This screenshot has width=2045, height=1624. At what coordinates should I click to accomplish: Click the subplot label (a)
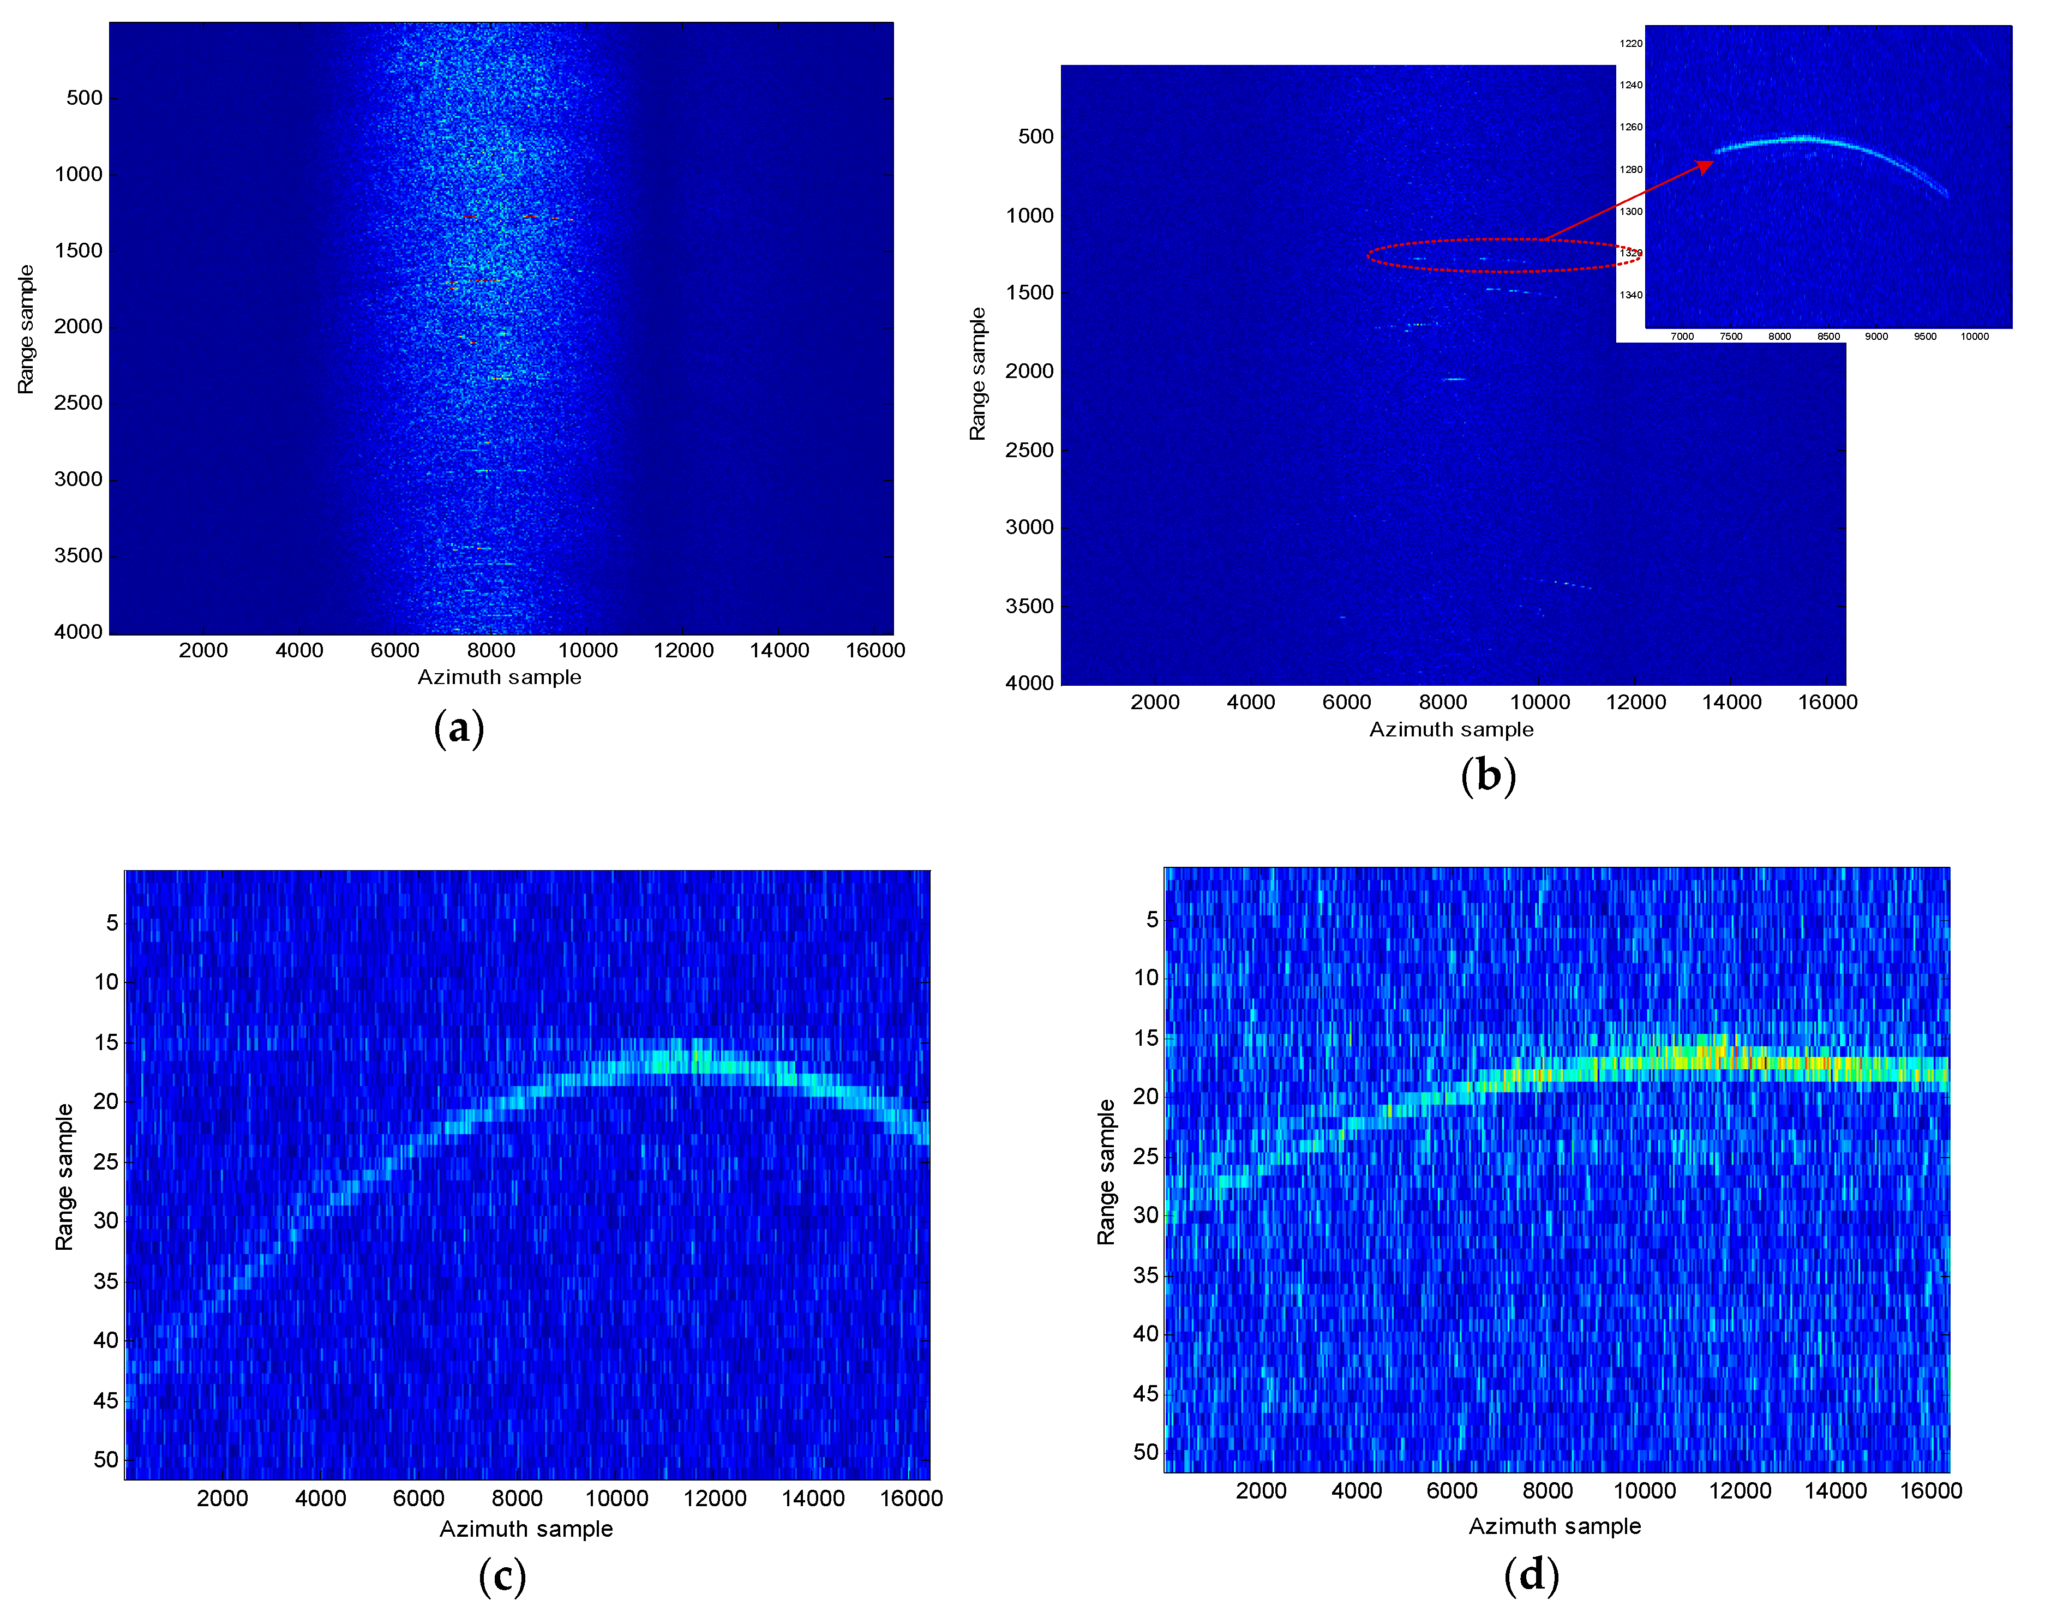pyautogui.click(x=459, y=728)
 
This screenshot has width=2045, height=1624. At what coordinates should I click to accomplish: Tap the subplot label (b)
pyautogui.click(x=1488, y=776)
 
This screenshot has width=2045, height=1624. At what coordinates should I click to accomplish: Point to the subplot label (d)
pyautogui.click(x=1531, y=1575)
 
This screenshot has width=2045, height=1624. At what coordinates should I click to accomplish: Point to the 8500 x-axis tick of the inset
pyautogui.click(x=1828, y=337)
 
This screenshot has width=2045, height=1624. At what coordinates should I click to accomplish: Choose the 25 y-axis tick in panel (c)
pyautogui.click(x=105, y=1161)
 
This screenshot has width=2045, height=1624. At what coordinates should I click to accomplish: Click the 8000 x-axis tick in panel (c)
pyautogui.click(x=517, y=1499)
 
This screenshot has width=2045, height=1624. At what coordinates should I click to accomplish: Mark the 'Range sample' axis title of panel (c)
pyautogui.click(x=64, y=1176)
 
